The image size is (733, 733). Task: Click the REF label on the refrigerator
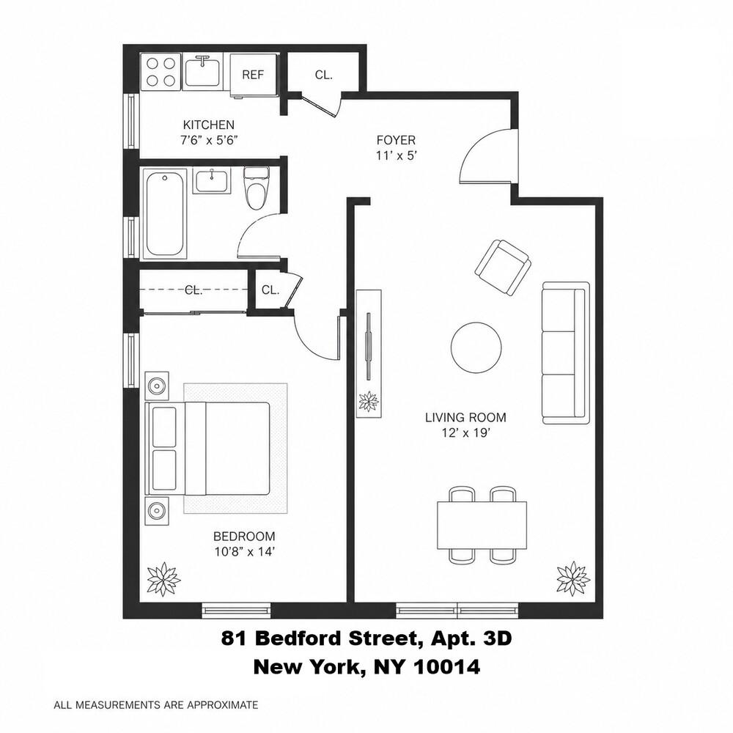coord(253,75)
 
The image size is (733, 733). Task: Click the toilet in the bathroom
coord(256,188)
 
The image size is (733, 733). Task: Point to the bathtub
coord(164,213)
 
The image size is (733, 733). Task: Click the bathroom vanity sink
coord(212,181)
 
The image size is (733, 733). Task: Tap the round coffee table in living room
coord(476,347)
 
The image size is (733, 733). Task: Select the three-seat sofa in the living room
coord(564,353)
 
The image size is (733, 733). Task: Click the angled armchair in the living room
coord(503,267)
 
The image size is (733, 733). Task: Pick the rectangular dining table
coord(482,525)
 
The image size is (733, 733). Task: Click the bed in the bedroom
coord(207,449)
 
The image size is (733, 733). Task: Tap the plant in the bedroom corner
coord(163,579)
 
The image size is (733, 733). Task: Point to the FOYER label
coord(396,140)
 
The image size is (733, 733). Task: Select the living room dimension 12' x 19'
coord(465,433)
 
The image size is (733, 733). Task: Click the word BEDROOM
coord(244,537)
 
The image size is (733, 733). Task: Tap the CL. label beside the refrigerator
coord(323,75)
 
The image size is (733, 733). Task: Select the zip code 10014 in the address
coord(447,666)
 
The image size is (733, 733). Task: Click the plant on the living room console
coord(369,401)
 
